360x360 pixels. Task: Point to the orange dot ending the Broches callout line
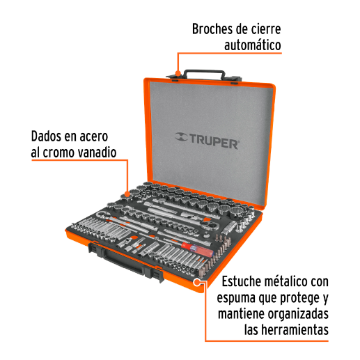click(x=179, y=72)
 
